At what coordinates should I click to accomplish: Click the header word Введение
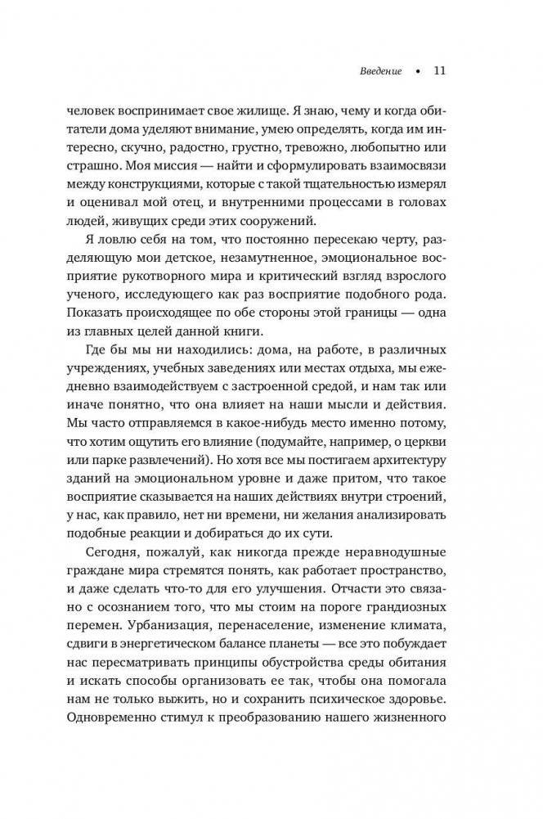[380, 70]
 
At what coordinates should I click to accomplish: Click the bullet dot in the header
[416, 71]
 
